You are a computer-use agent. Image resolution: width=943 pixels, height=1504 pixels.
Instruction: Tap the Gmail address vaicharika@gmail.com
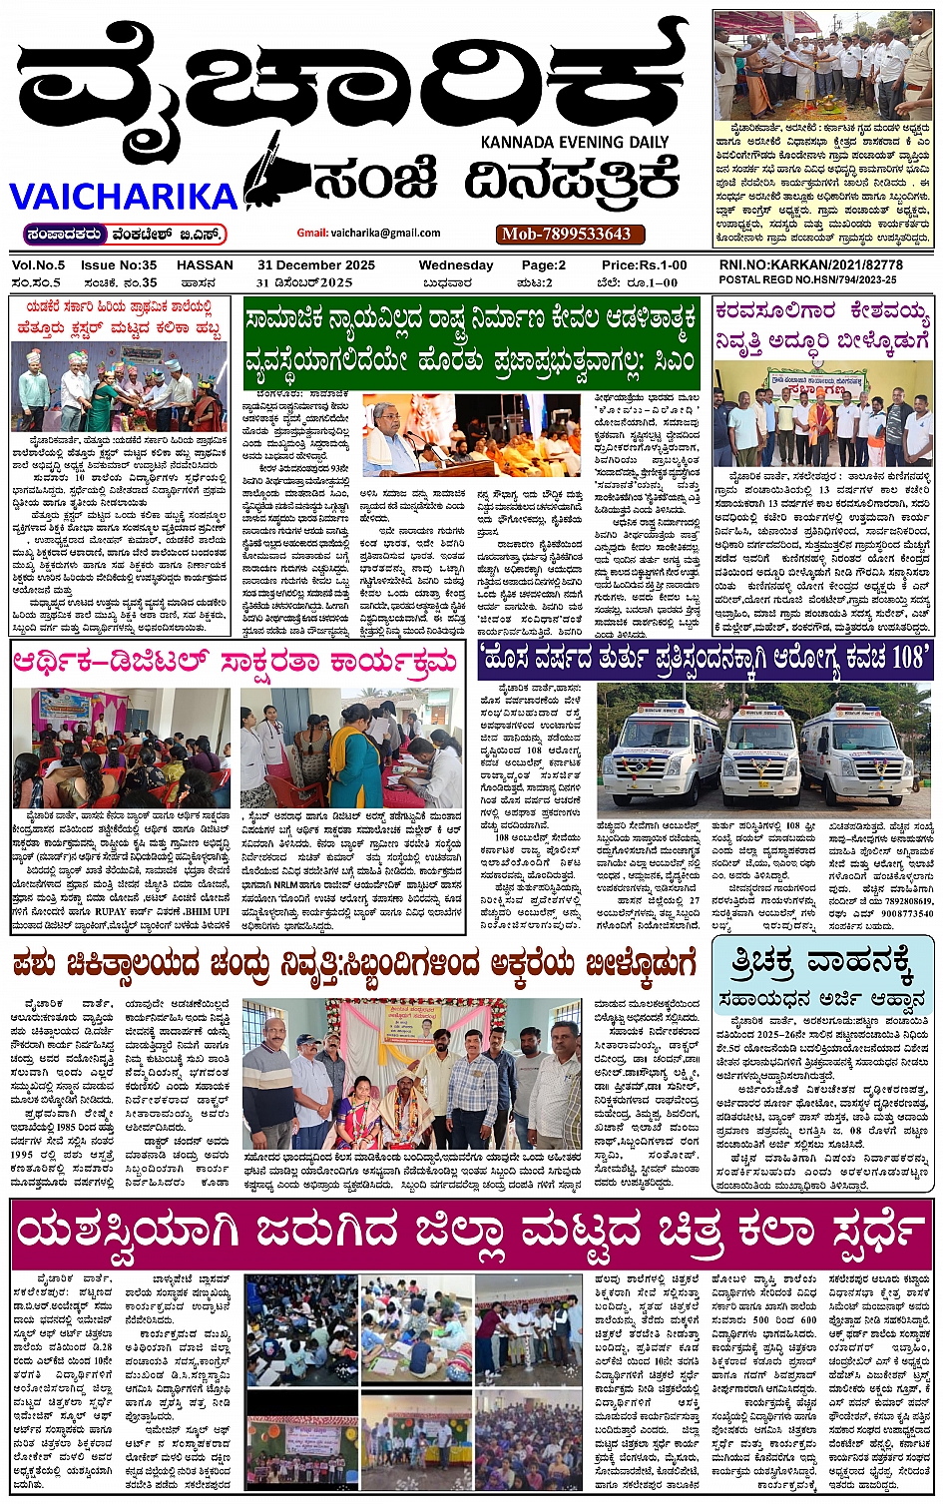click(368, 233)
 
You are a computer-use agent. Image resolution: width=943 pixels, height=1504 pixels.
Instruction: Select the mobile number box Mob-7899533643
click(566, 234)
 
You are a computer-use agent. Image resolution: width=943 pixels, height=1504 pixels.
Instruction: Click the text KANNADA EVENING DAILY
click(575, 142)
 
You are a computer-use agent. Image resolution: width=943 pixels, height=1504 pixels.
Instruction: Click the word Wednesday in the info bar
click(455, 265)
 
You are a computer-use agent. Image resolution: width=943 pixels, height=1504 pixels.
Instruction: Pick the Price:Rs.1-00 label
click(644, 265)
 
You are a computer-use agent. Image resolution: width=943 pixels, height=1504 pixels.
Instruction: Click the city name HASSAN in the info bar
click(205, 265)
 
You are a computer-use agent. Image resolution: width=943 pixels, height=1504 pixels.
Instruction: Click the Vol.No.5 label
click(38, 265)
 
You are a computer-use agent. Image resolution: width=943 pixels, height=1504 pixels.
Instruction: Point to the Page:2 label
click(543, 265)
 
